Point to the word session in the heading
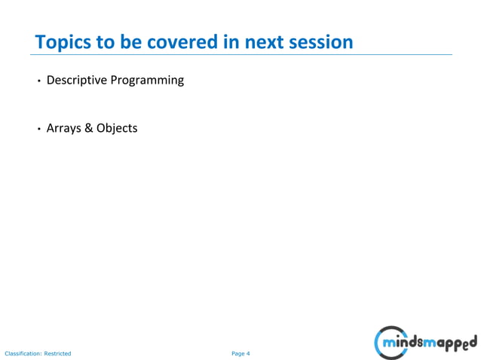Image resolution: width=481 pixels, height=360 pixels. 321,41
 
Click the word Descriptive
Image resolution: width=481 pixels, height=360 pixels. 77,80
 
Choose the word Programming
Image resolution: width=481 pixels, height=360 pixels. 147,80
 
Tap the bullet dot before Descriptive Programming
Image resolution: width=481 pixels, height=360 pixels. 39,81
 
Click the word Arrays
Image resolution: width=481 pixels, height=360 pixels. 63,128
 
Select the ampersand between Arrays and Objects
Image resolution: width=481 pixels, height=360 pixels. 88,128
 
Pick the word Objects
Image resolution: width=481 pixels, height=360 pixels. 117,128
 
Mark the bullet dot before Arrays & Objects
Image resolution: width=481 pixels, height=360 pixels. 39,129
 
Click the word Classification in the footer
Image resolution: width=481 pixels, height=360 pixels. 23,353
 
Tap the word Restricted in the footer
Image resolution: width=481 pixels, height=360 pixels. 57,353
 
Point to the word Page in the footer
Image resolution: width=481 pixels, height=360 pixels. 237,353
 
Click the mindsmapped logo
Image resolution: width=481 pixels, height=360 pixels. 425,343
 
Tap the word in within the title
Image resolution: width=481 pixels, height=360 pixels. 231,41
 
